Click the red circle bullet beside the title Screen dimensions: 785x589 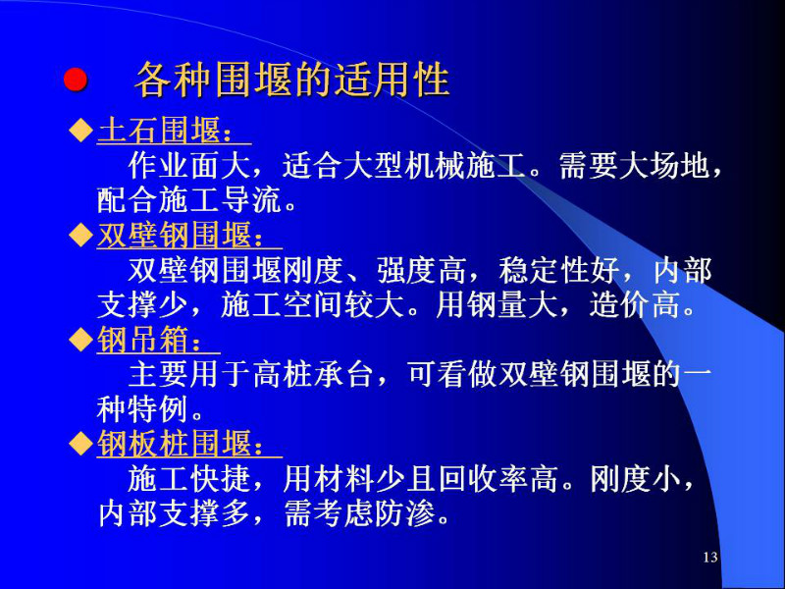click(76, 80)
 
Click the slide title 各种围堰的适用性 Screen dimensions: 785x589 click(291, 80)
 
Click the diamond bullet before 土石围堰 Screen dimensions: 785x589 click(80, 131)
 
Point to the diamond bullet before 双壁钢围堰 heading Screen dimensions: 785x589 click(80, 235)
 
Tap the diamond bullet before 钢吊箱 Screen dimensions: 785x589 click(80, 340)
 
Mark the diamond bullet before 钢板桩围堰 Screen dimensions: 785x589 click(80, 445)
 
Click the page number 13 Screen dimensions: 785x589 click(710, 557)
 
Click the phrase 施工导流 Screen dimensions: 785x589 click(220, 200)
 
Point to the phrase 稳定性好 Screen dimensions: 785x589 click(559, 270)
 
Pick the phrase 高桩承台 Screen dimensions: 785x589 click(312, 375)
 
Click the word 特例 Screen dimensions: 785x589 click(159, 409)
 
